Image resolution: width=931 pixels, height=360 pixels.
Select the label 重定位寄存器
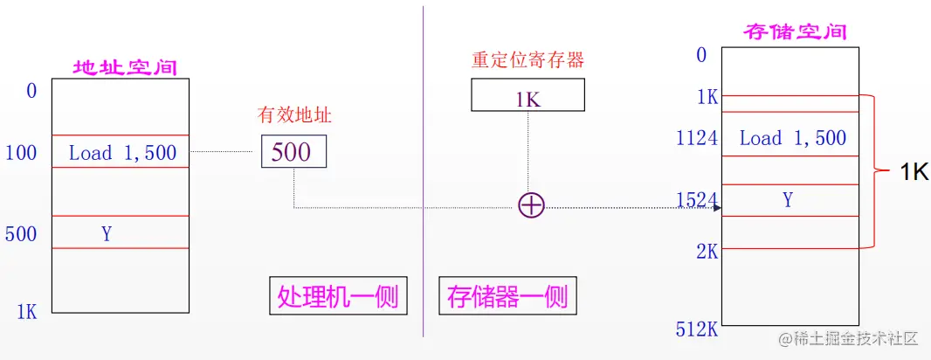pyautogui.click(x=528, y=60)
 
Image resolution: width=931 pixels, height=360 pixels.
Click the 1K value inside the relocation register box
pyautogui.click(x=528, y=99)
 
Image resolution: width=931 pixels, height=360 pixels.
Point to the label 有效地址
pyautogui.click(x=294, y=115)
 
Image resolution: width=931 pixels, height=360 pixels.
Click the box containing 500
pyautogui.click(x=293, y=151)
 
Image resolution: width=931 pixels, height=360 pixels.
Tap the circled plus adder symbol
pyautogui.click(x=531, y=205)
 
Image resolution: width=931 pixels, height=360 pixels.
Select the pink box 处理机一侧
pyautogui.click(x=337, y=297)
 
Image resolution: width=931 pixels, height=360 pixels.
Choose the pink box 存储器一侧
pyautogui.click(x=507, y=297)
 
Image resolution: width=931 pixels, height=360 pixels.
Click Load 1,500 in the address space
pyautogui.click(x=122, y=153)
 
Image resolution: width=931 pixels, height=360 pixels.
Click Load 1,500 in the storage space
pyautogui.click(x=792, y=138)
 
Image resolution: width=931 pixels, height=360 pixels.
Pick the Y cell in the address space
pyautogui.click(x=107, y=233)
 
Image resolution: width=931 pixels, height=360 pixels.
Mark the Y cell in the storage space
pyautogui.click(x=788, y=200)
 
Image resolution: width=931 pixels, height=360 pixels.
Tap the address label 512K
pyautogui.click(x=696, y=329)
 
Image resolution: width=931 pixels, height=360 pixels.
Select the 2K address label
pyautogui.click(x=707, y=251)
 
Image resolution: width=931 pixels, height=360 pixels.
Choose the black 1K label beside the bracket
pyautogui.click(x=914, y=173)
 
